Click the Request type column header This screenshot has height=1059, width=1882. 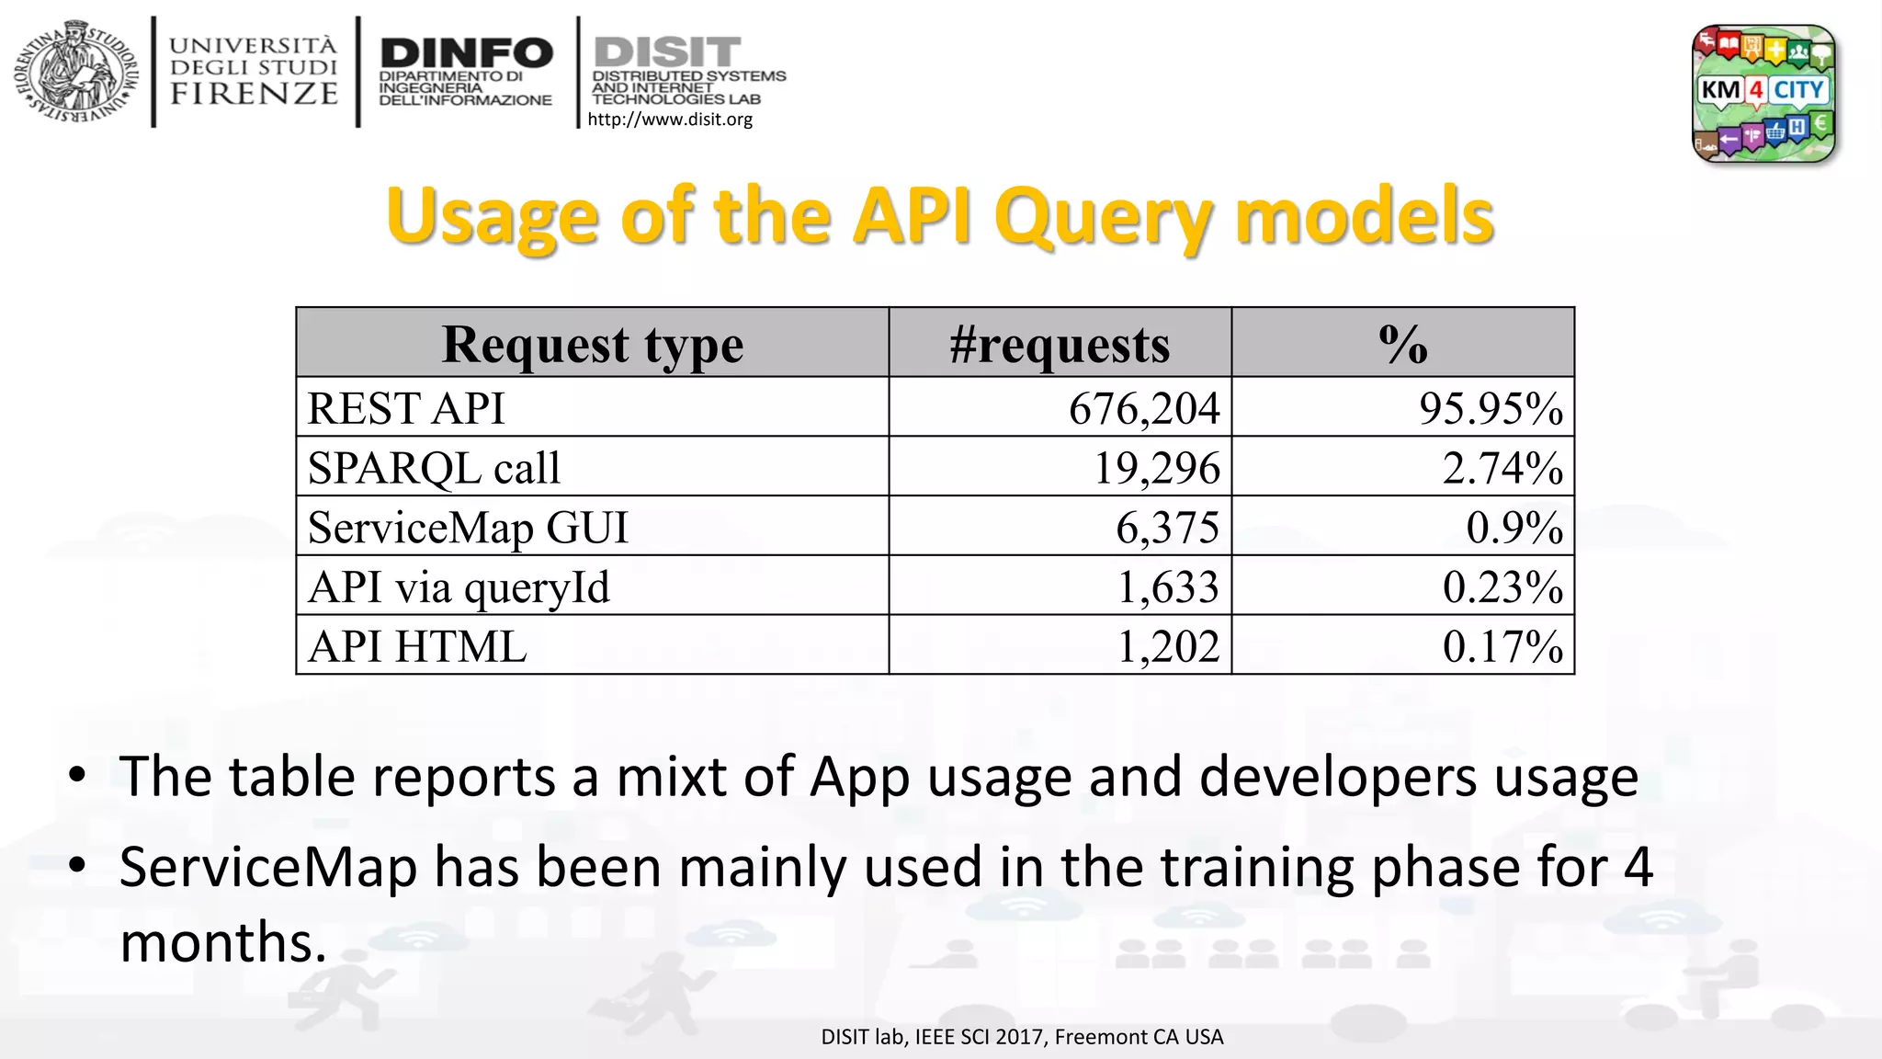coord(592,345)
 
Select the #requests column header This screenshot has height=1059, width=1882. coord(1060,345)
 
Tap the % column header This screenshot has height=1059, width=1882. coord(1402,345)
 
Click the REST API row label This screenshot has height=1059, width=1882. coord(406,408)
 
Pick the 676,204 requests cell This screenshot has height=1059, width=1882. coord(1144,408)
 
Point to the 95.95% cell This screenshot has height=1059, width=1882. coord(1491,408)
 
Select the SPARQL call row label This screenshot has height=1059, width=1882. coord(434,468)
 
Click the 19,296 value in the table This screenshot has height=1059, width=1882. coord(1156,468)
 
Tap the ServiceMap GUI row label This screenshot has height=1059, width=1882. coord(468,528)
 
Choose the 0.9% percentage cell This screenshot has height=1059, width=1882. coord(1514,528)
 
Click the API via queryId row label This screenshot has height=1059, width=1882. coord(459,587)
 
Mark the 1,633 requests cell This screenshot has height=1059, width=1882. coord(1167,587)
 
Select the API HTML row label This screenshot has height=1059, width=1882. coord(417,646)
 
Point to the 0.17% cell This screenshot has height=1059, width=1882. coord(1502,646)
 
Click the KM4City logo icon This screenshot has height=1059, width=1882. coord(1763,93)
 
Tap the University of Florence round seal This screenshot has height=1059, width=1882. coord(76,73)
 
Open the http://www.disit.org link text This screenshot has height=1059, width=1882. coord(670,120)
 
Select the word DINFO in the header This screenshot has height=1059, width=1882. coord(466,52)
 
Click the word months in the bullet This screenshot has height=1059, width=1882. coord(223,942)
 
